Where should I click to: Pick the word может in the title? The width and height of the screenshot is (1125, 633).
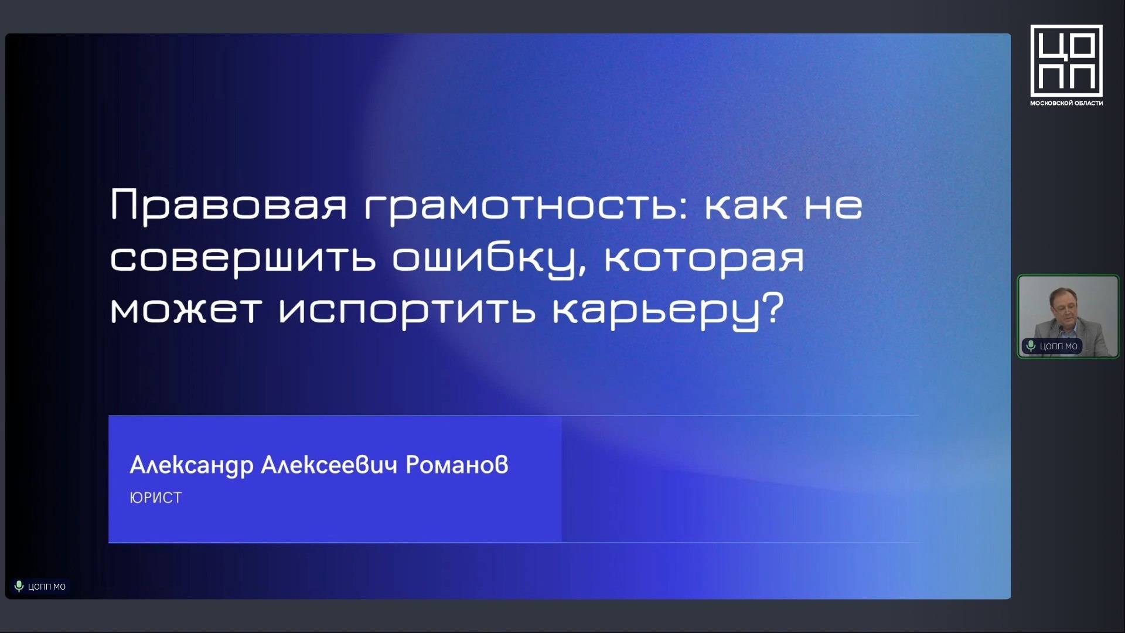point(185,309)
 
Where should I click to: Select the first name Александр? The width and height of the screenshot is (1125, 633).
point(192,465)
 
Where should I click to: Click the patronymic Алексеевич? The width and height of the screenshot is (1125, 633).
point(329,464)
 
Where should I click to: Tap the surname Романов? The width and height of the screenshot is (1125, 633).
point(457,464)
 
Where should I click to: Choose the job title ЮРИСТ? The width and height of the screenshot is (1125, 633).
point(156,498)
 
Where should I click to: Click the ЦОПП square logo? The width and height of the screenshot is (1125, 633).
point(1066,60)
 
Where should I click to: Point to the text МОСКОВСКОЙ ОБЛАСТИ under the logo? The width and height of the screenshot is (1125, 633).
point(1066,103)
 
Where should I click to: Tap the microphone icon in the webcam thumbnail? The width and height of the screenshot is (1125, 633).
point(1031,346)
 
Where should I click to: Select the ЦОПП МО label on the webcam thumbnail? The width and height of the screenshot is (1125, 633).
point(1058,346)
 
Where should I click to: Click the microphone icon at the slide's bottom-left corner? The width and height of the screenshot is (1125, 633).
point(19,586)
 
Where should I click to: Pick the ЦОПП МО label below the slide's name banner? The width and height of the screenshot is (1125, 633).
point(47,587)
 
